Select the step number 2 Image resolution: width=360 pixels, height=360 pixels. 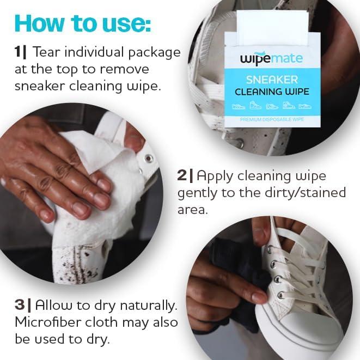[x=181, y=175]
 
